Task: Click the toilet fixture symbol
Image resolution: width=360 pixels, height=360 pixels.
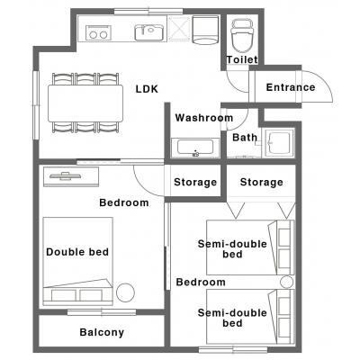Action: click(x=242, y=36)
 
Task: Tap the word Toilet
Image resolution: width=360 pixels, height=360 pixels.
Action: click(x=242, y=59)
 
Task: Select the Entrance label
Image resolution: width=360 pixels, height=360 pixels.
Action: click(x=291, y=87)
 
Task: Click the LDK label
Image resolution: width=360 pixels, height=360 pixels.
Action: click(x=147, y=89)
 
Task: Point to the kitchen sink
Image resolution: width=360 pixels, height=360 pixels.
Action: click(x=148, y=32)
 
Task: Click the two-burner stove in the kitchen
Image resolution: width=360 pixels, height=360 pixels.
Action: click(x=98, y=32)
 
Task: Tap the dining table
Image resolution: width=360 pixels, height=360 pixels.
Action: click(x=85, y=103)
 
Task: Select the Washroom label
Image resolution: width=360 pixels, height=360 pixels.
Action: click(x=204, y=118)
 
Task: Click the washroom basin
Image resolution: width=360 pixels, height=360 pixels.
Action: click(x=195, y=148)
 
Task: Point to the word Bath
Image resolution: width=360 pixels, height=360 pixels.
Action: click(x=245, y=138)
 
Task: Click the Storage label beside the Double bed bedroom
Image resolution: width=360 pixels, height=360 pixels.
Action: click(x=195, y=182)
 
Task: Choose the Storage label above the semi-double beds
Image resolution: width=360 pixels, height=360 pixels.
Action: click(x=261, y=182)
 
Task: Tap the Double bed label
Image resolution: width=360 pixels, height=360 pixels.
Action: click(x=77, y=252)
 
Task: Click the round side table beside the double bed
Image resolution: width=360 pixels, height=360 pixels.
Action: click(x=125, y=292)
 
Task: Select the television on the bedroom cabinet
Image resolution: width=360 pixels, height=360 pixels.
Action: click(x=66, y=175)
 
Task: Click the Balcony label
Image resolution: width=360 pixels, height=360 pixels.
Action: click(x=102, y=332)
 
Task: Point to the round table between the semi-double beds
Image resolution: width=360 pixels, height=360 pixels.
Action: click(x=286, y=282)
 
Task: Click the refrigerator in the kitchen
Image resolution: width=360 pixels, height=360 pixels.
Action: click(x=205, y=30)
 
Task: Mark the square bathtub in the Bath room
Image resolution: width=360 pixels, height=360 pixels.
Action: click(x=279, y=143)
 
